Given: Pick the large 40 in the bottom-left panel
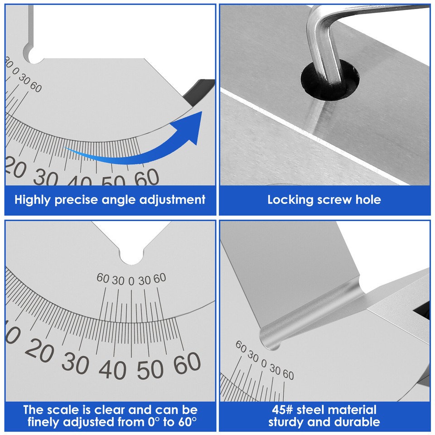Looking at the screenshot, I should click(x=111, y=370).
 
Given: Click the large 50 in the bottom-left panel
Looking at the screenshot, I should click(x=149, y=369).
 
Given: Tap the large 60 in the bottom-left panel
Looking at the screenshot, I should click(x=186, y=363).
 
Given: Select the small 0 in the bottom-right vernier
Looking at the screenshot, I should click(x=264, y=363).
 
